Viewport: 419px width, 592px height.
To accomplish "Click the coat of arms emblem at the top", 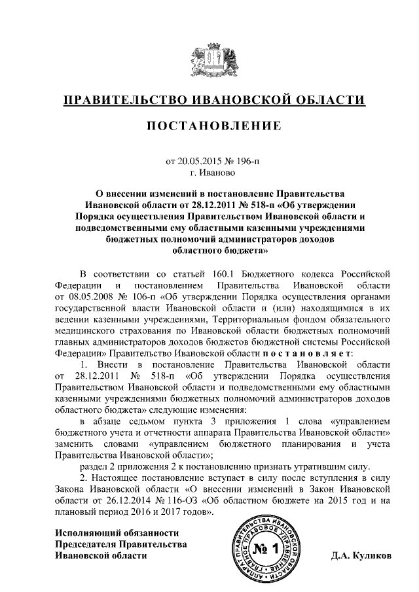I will tap(209, 61).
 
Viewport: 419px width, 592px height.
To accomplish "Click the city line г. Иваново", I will tap(209, 173).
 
